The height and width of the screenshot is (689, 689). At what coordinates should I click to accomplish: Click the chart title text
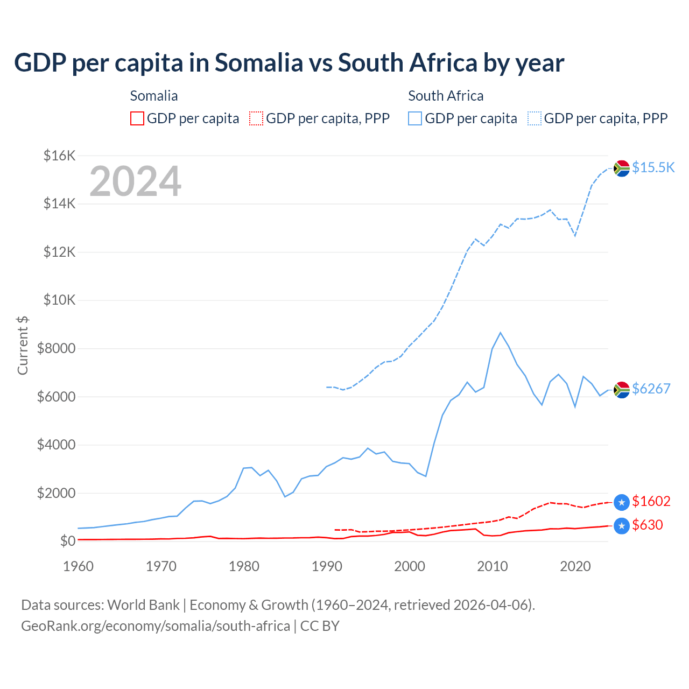[x=289, y=63]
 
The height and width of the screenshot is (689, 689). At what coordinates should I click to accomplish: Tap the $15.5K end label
[x=653, y=167]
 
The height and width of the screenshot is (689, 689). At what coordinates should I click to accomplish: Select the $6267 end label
[x=651, y=389]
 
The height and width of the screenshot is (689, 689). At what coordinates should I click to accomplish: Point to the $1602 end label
[x=651, y=501]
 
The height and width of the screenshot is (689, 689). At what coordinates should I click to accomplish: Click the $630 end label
[x=647, y=525]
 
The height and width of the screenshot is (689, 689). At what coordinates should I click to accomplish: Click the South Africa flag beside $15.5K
[x=622, y=168]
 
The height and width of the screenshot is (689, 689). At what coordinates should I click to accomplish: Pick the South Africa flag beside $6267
[x=622, y=389]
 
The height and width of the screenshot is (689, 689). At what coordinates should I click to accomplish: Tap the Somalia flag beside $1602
[x=622, y=502]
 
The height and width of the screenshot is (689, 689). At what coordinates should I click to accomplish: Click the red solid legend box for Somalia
[x=137, y=118]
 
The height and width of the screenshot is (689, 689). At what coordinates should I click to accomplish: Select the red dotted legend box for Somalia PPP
[x=256, y=118]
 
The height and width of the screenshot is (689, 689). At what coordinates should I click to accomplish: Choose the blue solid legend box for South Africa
[x=415, y=118]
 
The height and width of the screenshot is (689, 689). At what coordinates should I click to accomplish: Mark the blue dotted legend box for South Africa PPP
[x=535, y=118]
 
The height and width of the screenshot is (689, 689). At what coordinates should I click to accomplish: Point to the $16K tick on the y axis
[x=59, y=156]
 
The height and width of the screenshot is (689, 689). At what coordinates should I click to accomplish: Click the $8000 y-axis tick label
[x=56, y=348]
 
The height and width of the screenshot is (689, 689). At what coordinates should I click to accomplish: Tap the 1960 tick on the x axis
[x=79, y=566]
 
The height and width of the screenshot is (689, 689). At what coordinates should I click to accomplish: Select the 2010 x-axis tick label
[x=493, y=566]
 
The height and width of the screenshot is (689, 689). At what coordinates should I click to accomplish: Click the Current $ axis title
[x=23, y=345]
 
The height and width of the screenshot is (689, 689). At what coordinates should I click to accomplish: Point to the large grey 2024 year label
[x=135, y=181]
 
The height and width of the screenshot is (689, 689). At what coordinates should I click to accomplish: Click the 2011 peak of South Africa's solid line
[x=501, y=333]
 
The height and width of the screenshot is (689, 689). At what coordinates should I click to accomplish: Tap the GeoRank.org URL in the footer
[x=156, y=626]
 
